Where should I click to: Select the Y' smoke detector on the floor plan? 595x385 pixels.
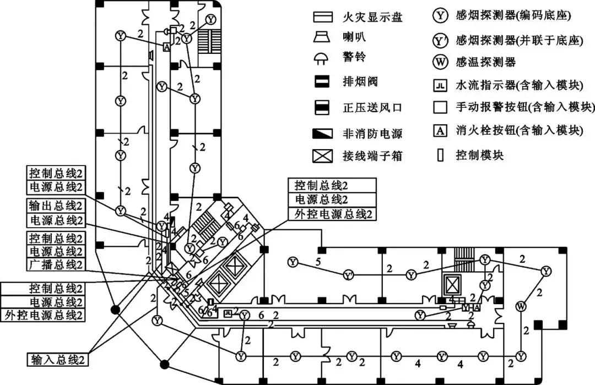[x=348, y=274]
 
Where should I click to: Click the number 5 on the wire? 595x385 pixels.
[x=318, y=262]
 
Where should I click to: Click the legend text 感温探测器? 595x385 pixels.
[x=486, y=62]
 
